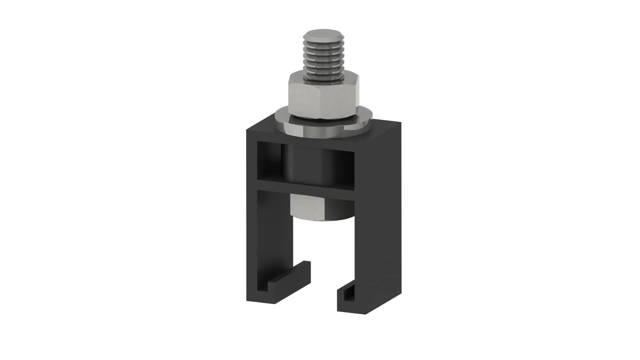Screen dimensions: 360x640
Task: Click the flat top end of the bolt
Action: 323,33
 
